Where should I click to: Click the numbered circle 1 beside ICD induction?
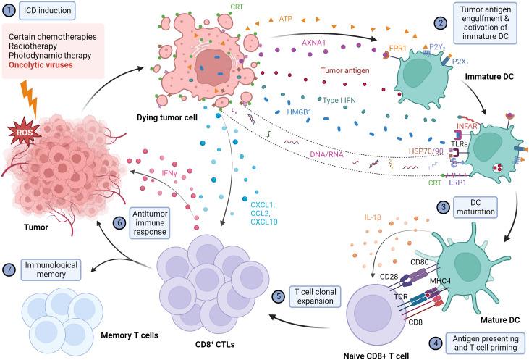pyautogui.click(x=10, y=12)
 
